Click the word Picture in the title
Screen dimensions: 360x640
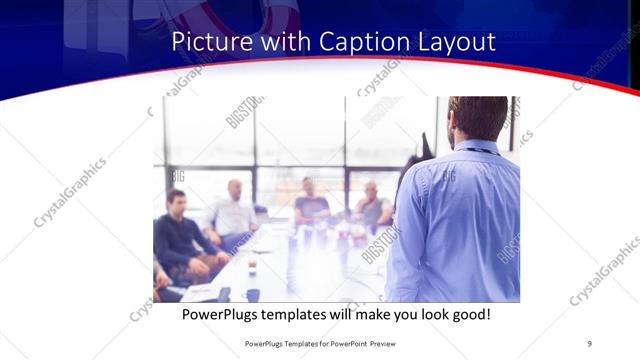(x=207, y=42)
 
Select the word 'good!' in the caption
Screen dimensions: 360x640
(x=468, y=314)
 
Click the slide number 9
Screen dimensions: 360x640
(x=589, y=344)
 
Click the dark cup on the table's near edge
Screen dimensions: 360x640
(x=252, y=294)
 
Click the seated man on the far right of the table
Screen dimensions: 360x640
(x=372, y=206)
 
